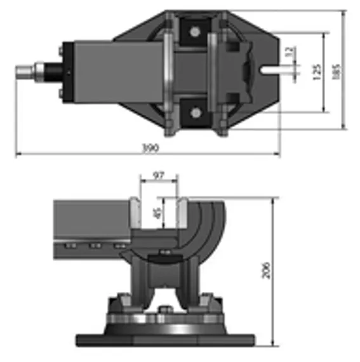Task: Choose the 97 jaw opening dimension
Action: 158,174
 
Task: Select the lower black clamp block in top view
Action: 194,112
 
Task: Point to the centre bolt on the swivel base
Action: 166,309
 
